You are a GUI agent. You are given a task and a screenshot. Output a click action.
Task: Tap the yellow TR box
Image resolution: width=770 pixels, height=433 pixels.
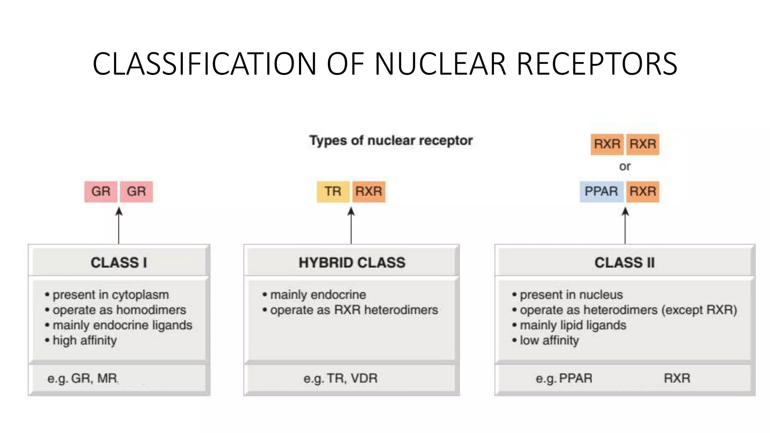click(333, 191)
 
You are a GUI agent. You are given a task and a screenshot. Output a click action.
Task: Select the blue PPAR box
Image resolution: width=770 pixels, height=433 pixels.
click(601, 191)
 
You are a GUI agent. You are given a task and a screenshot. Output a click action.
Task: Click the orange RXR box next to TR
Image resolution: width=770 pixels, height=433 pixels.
click(369, 191)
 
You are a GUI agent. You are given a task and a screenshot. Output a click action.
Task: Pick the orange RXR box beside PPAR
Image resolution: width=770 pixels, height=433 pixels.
click(643, 191)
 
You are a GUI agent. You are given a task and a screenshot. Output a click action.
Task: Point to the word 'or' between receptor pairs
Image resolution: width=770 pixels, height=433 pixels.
click(625, 166)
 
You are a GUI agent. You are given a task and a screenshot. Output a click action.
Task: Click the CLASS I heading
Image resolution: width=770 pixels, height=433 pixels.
click(119, 262)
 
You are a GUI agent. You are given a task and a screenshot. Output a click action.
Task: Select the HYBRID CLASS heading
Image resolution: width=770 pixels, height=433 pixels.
click(352, 262)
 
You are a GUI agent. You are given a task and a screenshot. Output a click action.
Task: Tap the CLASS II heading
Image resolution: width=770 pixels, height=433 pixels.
click(624, 262)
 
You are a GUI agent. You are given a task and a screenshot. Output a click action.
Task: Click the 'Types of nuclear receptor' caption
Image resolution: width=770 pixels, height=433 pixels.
click(391, 141)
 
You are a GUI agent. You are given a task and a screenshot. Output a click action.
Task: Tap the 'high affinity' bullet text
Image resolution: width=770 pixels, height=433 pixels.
click(85, 341)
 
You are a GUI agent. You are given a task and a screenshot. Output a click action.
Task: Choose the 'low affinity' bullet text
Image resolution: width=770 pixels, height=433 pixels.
click(549, 341)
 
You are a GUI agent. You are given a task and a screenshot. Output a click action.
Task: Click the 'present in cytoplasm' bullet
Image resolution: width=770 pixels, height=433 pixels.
click(111, 295)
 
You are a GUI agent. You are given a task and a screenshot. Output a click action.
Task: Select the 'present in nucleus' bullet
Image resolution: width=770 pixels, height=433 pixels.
click(571, 295)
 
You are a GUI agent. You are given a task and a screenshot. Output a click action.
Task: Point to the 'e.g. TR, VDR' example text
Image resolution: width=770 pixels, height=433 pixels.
click(340, 378)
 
